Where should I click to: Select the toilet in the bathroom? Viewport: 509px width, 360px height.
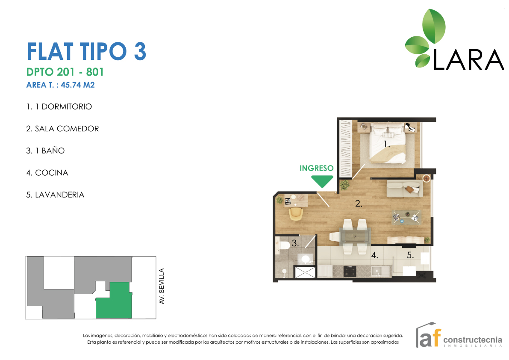click(x=283, y=245)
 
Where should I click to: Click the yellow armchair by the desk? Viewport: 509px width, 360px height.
click(x=296, y=214)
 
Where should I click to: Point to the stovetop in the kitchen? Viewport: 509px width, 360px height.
click(x=350, y=271)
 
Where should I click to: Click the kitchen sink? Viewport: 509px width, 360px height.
click(x=377, y=271)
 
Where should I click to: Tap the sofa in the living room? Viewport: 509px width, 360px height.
click(x=404, y=189)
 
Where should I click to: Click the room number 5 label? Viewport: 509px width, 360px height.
click(x=410, y=256)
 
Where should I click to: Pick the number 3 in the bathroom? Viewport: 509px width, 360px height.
click(x=295, y=243)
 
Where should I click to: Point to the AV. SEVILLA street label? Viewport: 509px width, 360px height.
click(x=162, y=286)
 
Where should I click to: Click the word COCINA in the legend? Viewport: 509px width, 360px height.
click(x=52, y=173)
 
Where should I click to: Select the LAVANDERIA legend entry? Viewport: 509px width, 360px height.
click(x=55, y=195)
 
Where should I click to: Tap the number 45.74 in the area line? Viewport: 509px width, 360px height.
click(x=71, y=85)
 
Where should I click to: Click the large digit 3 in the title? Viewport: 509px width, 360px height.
click(x=140, y=51)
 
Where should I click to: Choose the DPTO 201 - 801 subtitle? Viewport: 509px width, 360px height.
click(x=65, y=72)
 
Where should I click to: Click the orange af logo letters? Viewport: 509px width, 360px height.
click(x=430, y=338)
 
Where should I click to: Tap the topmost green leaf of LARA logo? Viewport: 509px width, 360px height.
click(x=434, y=26)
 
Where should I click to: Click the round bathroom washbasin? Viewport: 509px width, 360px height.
click(x=306, y=259)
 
